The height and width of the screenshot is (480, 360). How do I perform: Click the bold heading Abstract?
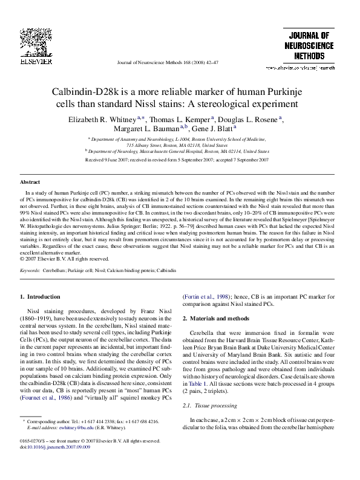point(30,182)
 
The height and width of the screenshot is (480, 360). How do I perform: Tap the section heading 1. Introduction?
point(41,297)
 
